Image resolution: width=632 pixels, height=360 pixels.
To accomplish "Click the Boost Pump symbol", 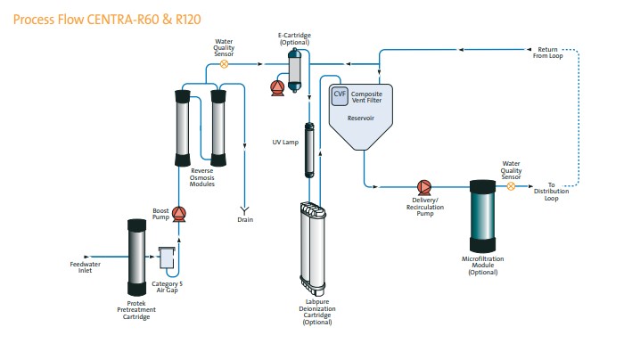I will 178,213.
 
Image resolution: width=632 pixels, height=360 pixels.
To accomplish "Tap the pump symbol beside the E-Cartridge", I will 276,86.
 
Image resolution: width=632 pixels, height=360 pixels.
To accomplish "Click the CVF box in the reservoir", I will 340,94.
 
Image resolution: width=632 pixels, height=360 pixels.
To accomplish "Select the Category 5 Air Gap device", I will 167,258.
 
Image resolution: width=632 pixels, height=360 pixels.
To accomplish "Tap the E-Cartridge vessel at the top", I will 295,68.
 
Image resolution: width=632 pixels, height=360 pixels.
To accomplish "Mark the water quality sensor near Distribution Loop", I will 511,186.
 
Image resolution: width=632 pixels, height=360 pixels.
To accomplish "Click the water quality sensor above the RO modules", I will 225,64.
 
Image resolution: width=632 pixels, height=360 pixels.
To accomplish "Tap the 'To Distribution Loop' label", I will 557,192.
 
